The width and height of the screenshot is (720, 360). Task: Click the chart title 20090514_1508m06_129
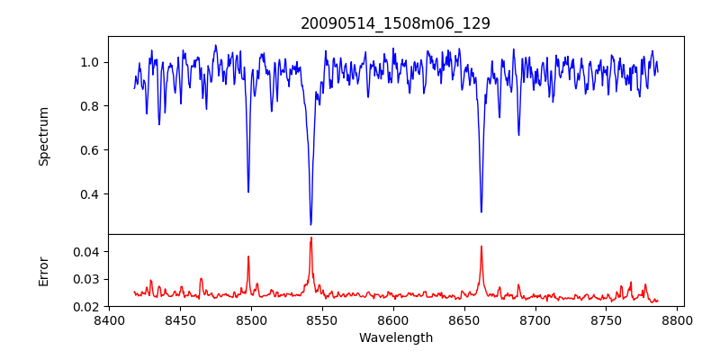click(x=395, y=23)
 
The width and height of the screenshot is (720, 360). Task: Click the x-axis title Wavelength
click(x=395, y=338)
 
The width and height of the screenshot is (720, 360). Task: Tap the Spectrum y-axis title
click(x=43, y=136)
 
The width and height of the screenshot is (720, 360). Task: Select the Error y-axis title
click(x=43, y=271)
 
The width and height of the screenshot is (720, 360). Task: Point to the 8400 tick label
click(x=109, y=320)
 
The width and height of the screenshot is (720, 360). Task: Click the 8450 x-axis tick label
click(x=180, y=320)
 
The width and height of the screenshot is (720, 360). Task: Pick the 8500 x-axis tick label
click(x=251, y=320)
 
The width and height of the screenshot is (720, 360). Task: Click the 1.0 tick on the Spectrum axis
click(x=90, y=62)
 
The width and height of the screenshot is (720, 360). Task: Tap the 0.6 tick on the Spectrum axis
click(x=90, y=150)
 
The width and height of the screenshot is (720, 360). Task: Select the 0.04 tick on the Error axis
click(x=85, y=252)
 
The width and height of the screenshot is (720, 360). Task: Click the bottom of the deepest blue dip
click(x=310, y=224)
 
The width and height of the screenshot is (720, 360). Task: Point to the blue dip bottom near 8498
click(x=248, y=192)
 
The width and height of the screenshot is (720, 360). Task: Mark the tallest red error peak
click(x=310, y=238)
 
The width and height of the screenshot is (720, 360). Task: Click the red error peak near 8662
click(x=481, y=246)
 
